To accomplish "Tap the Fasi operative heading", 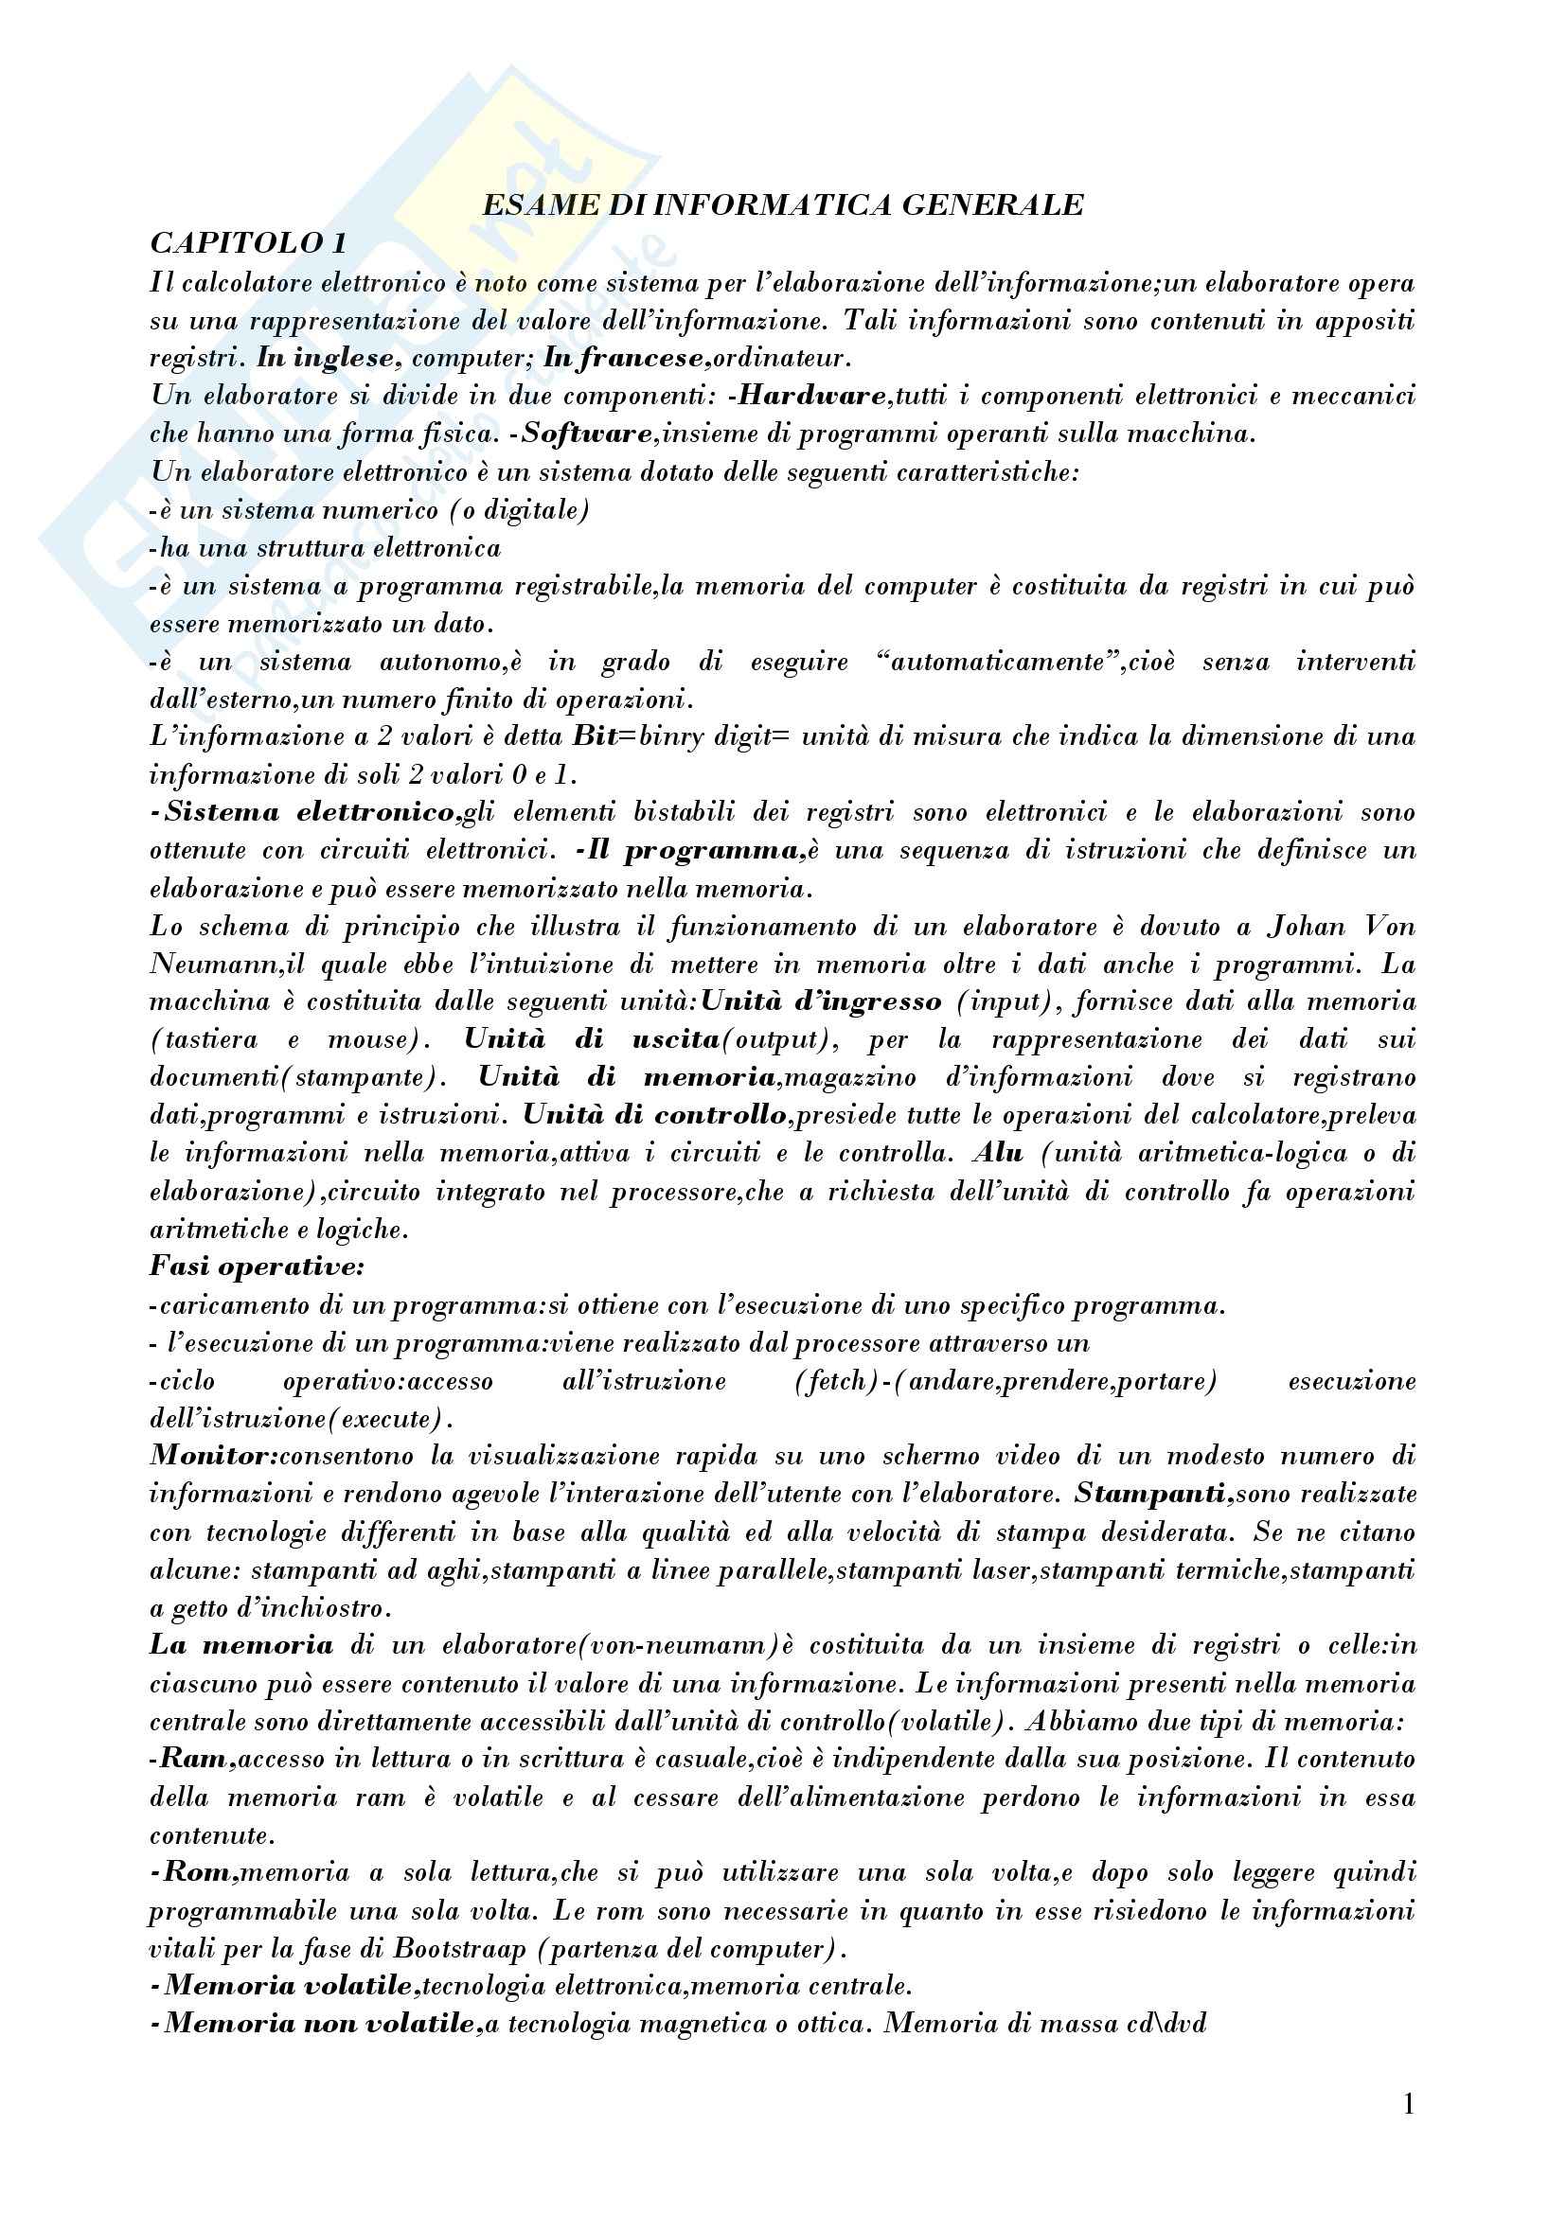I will (257, 1267).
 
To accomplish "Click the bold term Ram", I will (198, 1759).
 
